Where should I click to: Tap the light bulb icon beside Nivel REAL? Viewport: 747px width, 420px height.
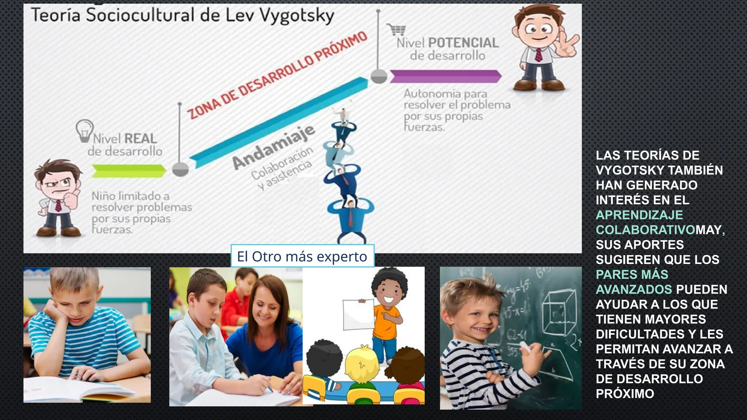(x=84, y=131)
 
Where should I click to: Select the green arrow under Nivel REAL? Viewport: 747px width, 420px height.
(x=128, y=171)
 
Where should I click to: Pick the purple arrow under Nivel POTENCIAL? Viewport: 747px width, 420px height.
(x=446, y=76)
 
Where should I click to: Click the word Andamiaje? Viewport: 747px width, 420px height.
(x=274, y=146)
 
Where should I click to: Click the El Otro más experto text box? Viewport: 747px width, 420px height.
(x=302, y=256)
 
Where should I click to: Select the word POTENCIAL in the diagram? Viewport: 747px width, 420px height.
(x=463, y=43)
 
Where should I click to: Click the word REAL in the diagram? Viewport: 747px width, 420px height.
(x=140, y=139)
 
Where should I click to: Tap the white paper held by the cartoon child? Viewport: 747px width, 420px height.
(x=358, y=315)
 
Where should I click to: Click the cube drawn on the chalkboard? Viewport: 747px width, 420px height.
(x=556, y=314)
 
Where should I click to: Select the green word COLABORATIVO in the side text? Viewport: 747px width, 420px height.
(x=645, y=230)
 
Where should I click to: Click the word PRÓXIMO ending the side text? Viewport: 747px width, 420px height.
(x=625, y=394)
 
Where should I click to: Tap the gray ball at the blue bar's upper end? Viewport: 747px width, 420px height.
(x=379, y=77)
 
